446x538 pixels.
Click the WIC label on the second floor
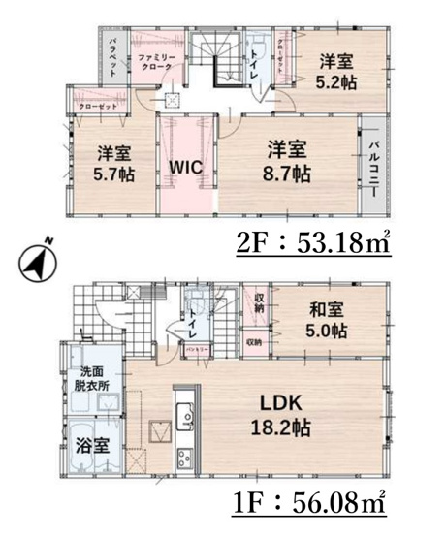pyautogui.click(x=185, y=166)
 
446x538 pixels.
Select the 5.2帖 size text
pyautogui.click(x=337, y=82)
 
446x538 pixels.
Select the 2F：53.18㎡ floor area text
pyautogui.click(x=313, y=243)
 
